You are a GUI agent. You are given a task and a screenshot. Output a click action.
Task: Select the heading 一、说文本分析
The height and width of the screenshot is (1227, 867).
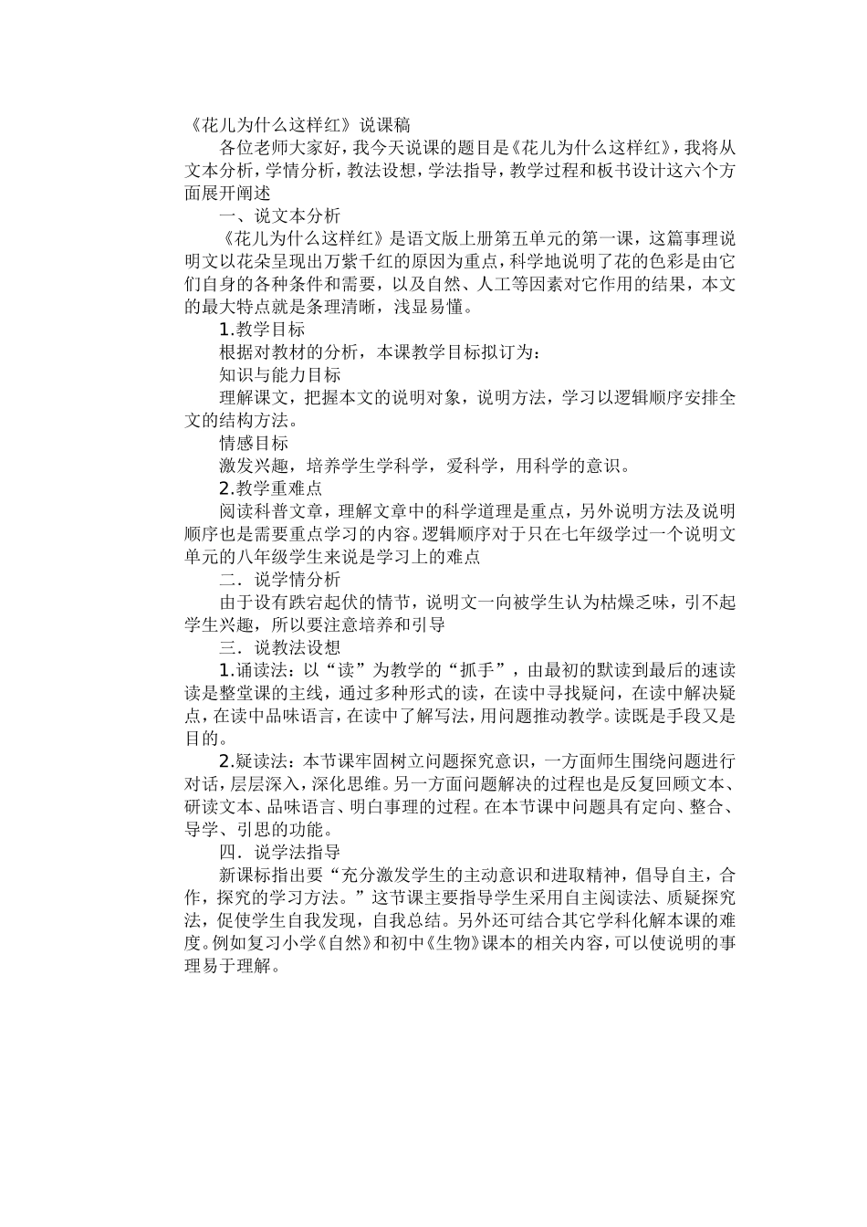280,216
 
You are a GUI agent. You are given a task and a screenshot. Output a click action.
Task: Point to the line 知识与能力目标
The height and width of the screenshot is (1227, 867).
280,375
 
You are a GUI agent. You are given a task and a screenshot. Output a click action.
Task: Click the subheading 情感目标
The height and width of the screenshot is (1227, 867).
254,443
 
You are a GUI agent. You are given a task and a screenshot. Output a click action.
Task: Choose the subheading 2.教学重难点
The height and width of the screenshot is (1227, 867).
271,488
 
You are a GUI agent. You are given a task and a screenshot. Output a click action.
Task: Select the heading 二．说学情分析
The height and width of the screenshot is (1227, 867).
280,579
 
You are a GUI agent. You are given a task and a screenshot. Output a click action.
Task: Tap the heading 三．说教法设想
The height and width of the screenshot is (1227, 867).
280,647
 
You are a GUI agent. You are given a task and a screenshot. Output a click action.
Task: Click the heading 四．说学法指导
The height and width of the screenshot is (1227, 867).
280,852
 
